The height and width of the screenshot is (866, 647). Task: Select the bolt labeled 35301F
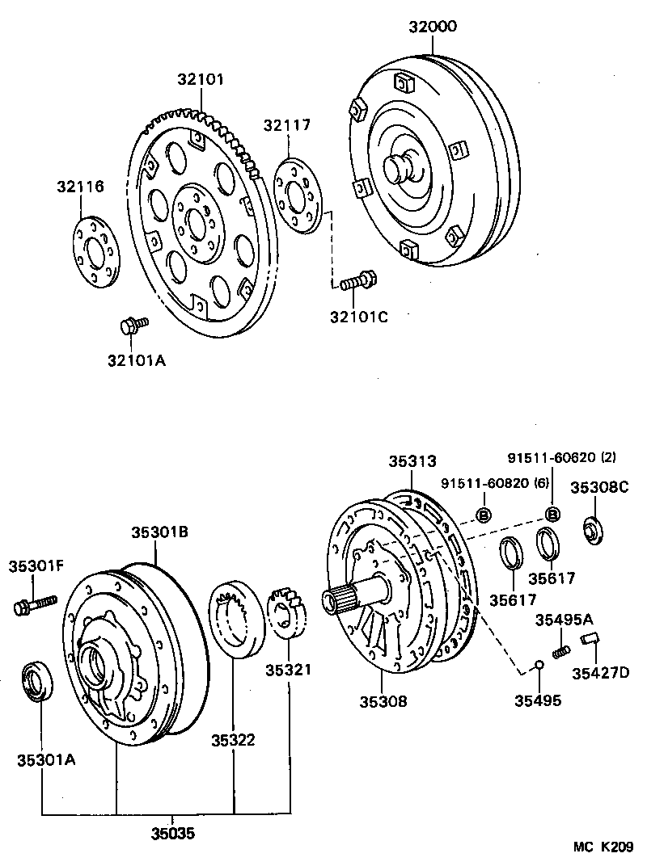(x=34, y=604)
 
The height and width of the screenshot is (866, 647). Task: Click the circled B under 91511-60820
(x=484, y=515)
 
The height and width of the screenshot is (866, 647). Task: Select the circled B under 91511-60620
(x=553, y=514)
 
